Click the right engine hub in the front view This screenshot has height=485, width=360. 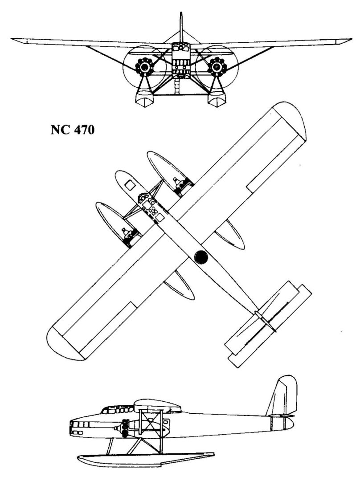[x=217, y=67]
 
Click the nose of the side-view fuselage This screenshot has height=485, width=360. [x=71, y=426]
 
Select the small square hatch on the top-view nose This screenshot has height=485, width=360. [x=131, y=184]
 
